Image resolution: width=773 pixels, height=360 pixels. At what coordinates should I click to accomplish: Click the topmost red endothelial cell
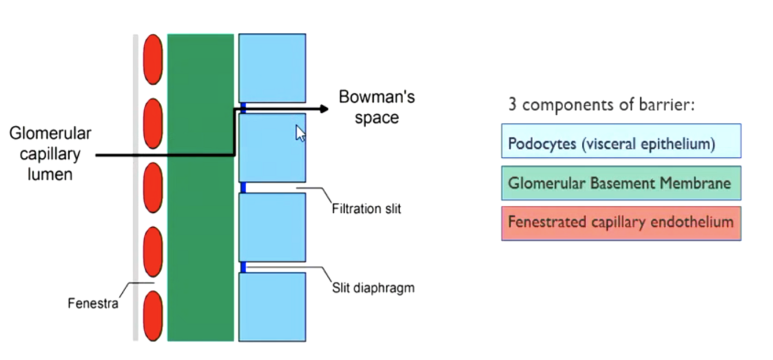point(153,59)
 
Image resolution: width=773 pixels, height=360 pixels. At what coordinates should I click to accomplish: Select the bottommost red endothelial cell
point(153,316)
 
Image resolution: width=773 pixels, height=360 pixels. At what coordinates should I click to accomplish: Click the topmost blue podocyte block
point(272,68)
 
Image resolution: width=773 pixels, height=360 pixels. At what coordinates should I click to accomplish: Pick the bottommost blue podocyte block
point(272,307)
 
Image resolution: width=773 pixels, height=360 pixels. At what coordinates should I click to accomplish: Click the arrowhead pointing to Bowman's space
point(323,109)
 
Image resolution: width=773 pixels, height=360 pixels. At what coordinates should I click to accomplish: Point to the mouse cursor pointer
point(300,133)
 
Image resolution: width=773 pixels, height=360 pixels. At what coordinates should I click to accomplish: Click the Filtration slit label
point(366,208)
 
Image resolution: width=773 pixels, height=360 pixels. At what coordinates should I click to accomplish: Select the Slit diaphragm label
point(373,288)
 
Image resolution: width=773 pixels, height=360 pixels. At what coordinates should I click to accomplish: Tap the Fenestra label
point(93,303)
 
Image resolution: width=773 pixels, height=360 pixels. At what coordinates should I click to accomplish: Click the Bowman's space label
point(377,107)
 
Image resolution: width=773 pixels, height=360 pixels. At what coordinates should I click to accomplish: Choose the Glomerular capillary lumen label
point(50,153)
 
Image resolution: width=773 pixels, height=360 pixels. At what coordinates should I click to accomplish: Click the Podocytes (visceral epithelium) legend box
point(621,141)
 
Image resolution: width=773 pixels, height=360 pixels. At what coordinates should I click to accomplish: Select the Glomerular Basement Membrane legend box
point(621,183)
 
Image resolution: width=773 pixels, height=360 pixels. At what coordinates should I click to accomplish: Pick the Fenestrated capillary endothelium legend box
point(621,223)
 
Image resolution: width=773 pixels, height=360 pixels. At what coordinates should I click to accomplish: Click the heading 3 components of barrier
point(601,105)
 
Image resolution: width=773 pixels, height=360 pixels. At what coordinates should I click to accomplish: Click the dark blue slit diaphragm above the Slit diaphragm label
point(243,267)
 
